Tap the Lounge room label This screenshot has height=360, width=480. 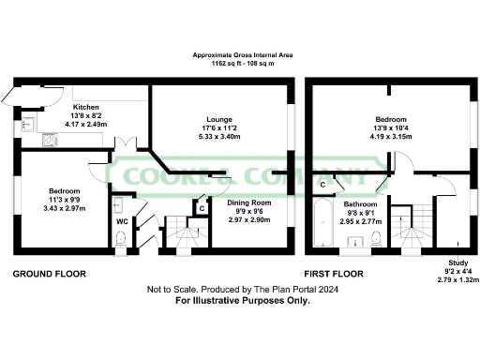[221, 119]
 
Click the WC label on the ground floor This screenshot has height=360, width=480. [121, 222]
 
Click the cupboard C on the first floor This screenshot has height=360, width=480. [322, 185]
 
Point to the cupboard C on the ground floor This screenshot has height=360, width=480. [202, 208]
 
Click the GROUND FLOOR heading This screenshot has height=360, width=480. [49, 274]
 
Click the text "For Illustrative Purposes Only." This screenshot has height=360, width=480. [240, 302]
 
